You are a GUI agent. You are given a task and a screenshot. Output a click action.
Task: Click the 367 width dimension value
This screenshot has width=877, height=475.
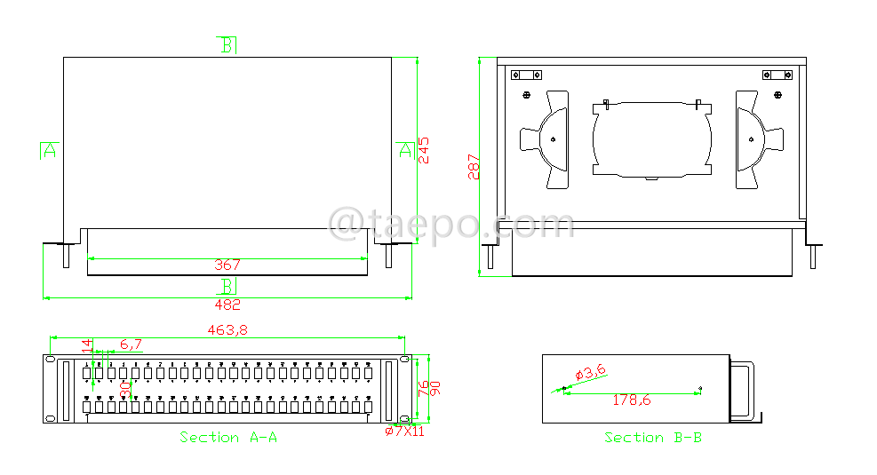(x=227, y=265)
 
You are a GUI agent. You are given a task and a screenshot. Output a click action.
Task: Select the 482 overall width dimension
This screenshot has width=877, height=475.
(x=227, y=305)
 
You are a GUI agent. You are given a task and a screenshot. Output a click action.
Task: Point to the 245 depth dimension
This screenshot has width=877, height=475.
(x=424, y=149)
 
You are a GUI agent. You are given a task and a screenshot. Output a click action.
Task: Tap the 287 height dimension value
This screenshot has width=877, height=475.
(x=474, y=167)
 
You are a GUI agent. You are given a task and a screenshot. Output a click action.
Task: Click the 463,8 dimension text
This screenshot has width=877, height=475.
(x=227, y=330)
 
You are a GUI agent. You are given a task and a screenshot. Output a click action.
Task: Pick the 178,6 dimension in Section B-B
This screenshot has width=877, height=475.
(x=632, y=400)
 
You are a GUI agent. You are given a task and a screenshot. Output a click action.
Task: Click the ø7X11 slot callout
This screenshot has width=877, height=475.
(x=404, y=431)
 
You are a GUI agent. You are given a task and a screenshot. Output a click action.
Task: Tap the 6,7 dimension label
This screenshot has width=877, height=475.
(x=132, y=344)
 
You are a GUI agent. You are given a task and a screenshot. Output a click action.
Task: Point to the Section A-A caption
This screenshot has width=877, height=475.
(x=228, y=438)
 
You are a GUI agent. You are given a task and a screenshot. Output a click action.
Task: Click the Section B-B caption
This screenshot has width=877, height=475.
(x=653, y=438)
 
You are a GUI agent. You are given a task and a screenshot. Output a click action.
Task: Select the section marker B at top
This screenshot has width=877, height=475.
(x=227, y=45)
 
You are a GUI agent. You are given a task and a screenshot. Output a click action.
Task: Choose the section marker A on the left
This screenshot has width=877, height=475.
(x=49, y=150)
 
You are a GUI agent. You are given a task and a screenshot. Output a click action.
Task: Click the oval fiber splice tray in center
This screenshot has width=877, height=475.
(x=652, y=140)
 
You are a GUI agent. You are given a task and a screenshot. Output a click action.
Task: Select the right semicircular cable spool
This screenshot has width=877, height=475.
(x=756, y=139)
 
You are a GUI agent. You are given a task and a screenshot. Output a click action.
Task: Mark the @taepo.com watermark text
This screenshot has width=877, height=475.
(x=450, y=223)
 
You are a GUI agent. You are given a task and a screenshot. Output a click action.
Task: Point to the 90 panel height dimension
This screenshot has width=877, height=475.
(x=436, y=388)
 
